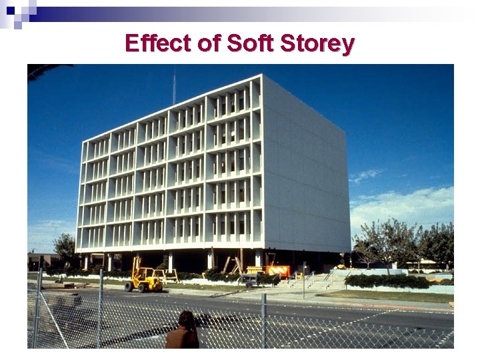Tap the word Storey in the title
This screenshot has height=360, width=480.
click(317, 43)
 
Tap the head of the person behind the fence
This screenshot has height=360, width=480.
click(186, 319)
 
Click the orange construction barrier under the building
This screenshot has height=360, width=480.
click(277, 271)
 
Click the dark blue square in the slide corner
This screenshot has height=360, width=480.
click(10, 10)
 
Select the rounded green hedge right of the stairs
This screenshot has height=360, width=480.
click(387, 281)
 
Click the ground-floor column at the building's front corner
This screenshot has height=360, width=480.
click(258, 259)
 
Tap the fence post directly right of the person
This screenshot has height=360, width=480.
click(264, 320)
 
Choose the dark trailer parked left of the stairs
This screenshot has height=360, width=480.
click(253, 279)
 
